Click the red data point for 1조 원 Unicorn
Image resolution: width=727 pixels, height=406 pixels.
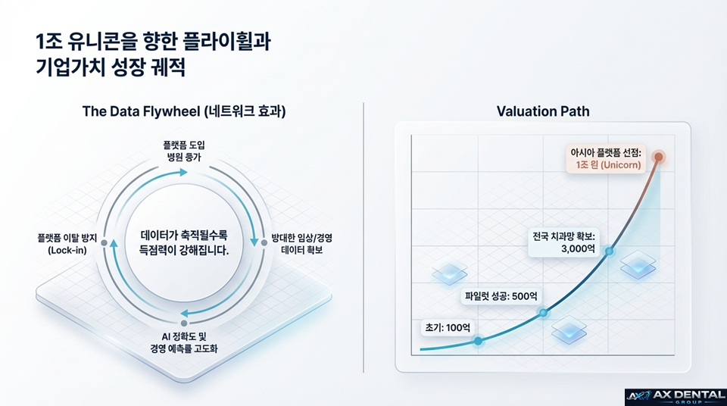[658, 157]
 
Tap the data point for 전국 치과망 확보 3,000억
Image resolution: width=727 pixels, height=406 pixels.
[610, 251]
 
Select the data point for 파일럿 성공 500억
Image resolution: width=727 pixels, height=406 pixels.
[542, 312]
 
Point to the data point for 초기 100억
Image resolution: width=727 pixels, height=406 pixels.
[478, 341]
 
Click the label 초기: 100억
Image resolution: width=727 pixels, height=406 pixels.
[447, 329]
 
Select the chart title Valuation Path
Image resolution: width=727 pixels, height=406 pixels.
[543, 111]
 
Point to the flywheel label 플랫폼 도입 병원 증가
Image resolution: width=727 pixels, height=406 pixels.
[184, 150]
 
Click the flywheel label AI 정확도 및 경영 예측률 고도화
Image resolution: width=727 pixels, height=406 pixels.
[184, 342]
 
